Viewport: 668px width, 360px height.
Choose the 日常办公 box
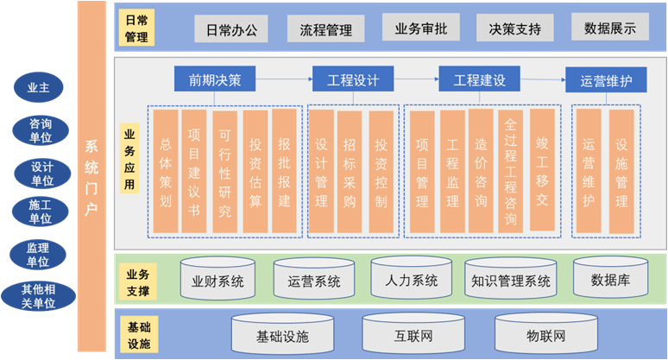tap(230, 28)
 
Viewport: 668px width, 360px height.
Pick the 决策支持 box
tap(515, 28)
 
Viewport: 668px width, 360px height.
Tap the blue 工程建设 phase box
tap(479, 80)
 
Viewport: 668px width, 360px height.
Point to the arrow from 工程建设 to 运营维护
tap(542, 81)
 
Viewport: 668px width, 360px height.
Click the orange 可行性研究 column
tap(224, 171)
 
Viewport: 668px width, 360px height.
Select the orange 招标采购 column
tap(349, 171)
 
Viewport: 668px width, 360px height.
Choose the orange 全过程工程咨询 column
tap(510, 171)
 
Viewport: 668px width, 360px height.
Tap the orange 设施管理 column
tap(621, 171)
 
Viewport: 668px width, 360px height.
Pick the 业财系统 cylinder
tap(217, 279)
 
